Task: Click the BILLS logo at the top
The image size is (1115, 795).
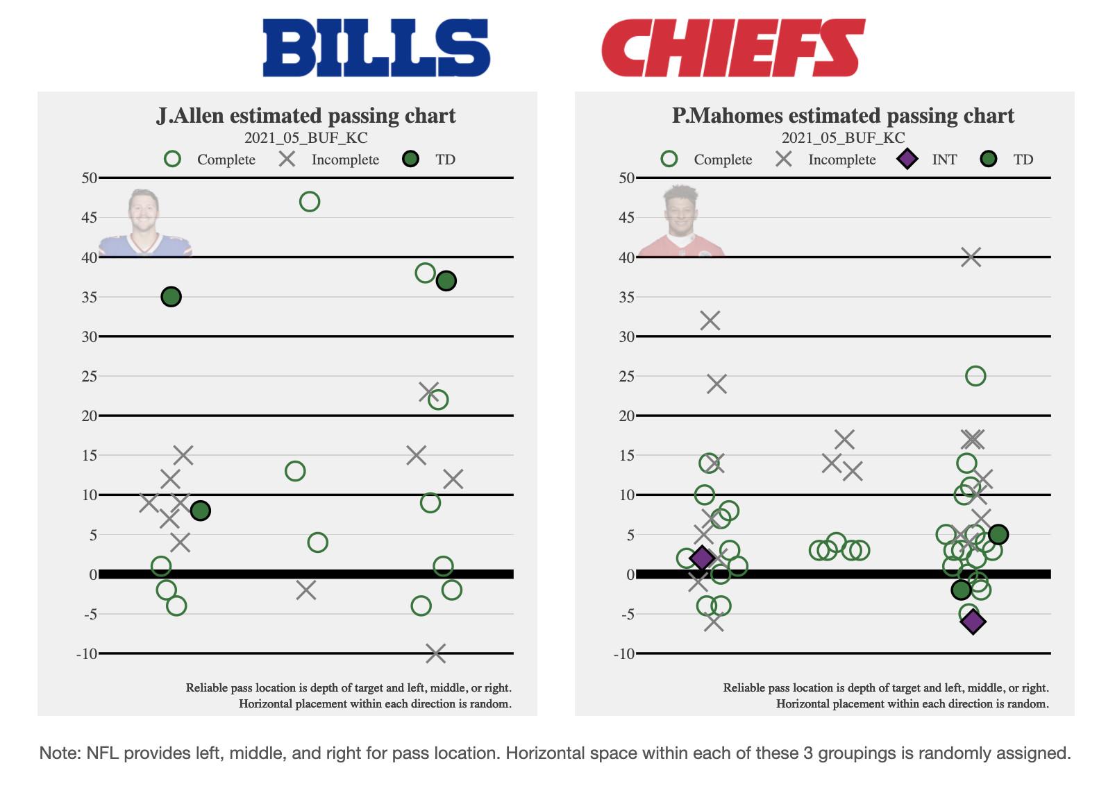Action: click(x=376, y=47)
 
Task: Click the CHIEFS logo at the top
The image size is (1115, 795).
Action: click(x=732, y=47)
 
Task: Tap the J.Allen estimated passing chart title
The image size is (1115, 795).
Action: click(x=306, y=115)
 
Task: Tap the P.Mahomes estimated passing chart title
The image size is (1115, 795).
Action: click(x=843, y=115)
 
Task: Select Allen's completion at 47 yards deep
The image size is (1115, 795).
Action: click(x=310, y=202)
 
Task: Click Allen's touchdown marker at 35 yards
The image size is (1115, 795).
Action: click(x=171, y=297)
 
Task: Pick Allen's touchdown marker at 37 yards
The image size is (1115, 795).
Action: click(x=446, y=281)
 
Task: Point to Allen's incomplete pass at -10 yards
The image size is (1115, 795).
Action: click(x=435, y=653)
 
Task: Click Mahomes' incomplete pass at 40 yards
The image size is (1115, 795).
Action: click(x=971, y=257)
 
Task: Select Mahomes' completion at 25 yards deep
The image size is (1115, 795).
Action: click(x=975, y=376)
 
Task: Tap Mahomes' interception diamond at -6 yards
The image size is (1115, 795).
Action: click(x=973, y=622)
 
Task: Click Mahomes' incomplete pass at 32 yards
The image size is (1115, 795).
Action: click(x=710, y=320)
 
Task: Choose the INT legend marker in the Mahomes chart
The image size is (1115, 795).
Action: click(x=907, y=160)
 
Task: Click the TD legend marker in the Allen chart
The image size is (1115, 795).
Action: click(x=411, y=160)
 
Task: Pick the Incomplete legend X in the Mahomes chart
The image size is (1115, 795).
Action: click(x=784, y=160)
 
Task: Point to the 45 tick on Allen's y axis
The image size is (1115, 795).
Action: click(x=89, y=218)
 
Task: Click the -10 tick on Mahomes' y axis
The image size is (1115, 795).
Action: click(x=624, y=653)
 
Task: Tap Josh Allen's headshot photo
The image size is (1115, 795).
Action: click(x=145, y=223)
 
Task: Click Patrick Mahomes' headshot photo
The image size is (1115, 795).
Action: click(x=681, y=221)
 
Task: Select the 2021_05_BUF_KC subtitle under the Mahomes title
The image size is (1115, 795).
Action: click(x=843, y=137)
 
